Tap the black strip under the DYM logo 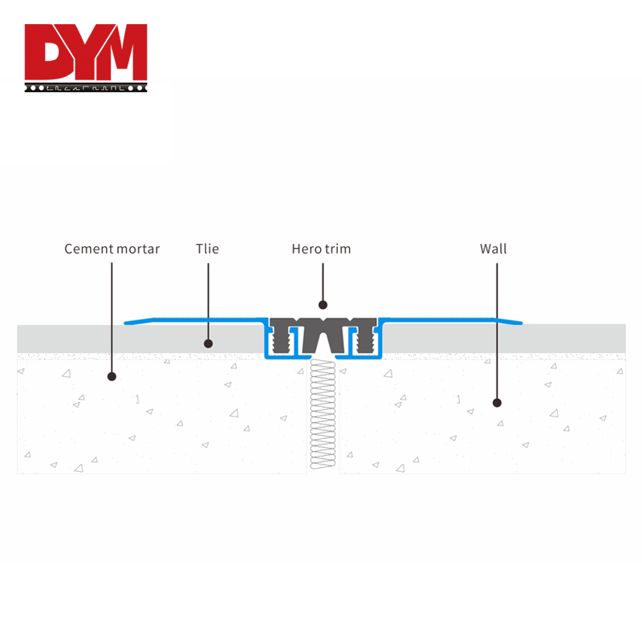pyautogui.click(x=85, y=86)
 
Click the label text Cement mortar pyautogui.click(x=112, y=249)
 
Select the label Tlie pyautogui.click(x=207, y=249)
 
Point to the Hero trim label pyautogui.click(x=321, y=249)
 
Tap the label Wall pyautogui.click(x=494, y=249)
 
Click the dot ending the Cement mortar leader pyautogui.click(x=112, y=376)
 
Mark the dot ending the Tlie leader pyautogui.click(x=208, y=343)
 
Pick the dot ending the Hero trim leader pyautogui.click(x=323, y=304)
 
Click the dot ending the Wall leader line pyautogui.click(x=497, y=403)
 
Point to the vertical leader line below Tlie pyautogui.click(x=208, y=301)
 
